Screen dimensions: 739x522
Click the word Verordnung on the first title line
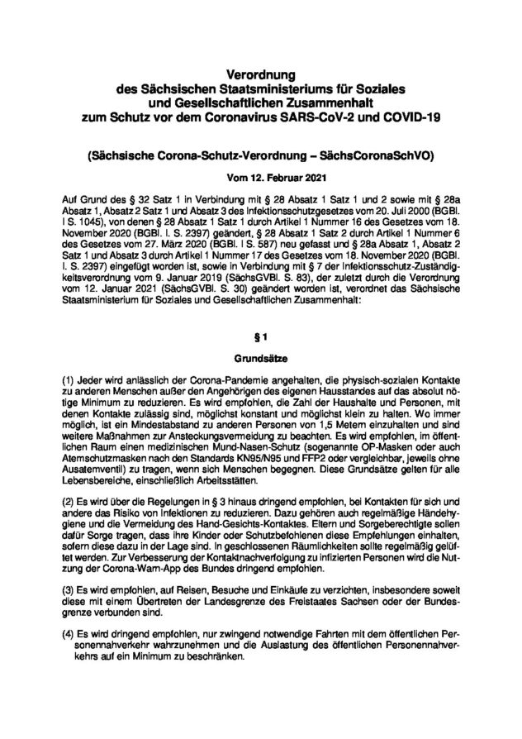[x=260, y=75]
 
